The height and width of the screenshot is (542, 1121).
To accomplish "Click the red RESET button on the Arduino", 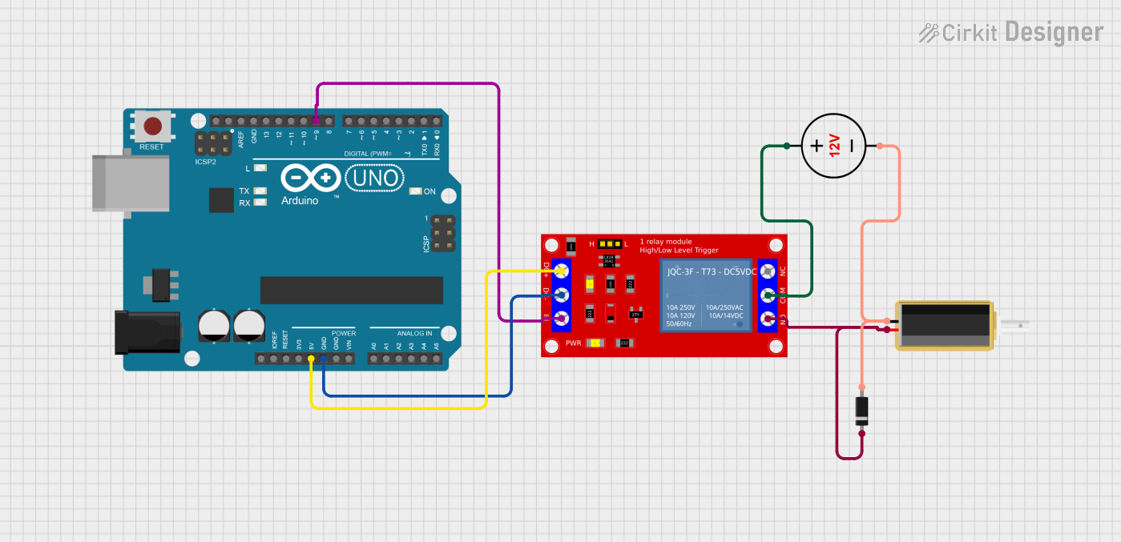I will (151, 126).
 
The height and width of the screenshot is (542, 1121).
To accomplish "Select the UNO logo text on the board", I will (374, 177).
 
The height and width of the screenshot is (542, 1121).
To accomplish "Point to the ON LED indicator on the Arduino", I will (415, 191).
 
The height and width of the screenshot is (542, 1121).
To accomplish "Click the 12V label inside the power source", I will (834, 146).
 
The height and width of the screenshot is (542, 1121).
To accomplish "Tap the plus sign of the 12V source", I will (816, 146).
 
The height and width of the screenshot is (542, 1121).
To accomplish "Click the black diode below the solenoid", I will (862, 411).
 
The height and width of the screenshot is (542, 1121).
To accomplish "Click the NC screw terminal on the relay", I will (768, 271).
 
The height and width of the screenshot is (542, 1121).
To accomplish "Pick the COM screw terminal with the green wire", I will (768, 296).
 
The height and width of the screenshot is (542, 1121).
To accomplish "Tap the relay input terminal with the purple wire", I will (561, 319).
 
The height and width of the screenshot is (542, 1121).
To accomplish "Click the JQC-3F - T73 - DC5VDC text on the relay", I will (711, 272).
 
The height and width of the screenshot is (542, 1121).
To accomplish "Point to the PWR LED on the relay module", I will (595, 343).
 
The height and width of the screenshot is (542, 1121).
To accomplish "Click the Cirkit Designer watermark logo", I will (1011, 32).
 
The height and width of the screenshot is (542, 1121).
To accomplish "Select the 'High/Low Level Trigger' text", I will (679, 251).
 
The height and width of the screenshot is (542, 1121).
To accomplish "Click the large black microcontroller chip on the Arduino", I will (351, 290).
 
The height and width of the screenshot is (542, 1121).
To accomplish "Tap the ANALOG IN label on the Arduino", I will (414, 333).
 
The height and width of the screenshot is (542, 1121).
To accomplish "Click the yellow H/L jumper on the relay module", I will (611, 243).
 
